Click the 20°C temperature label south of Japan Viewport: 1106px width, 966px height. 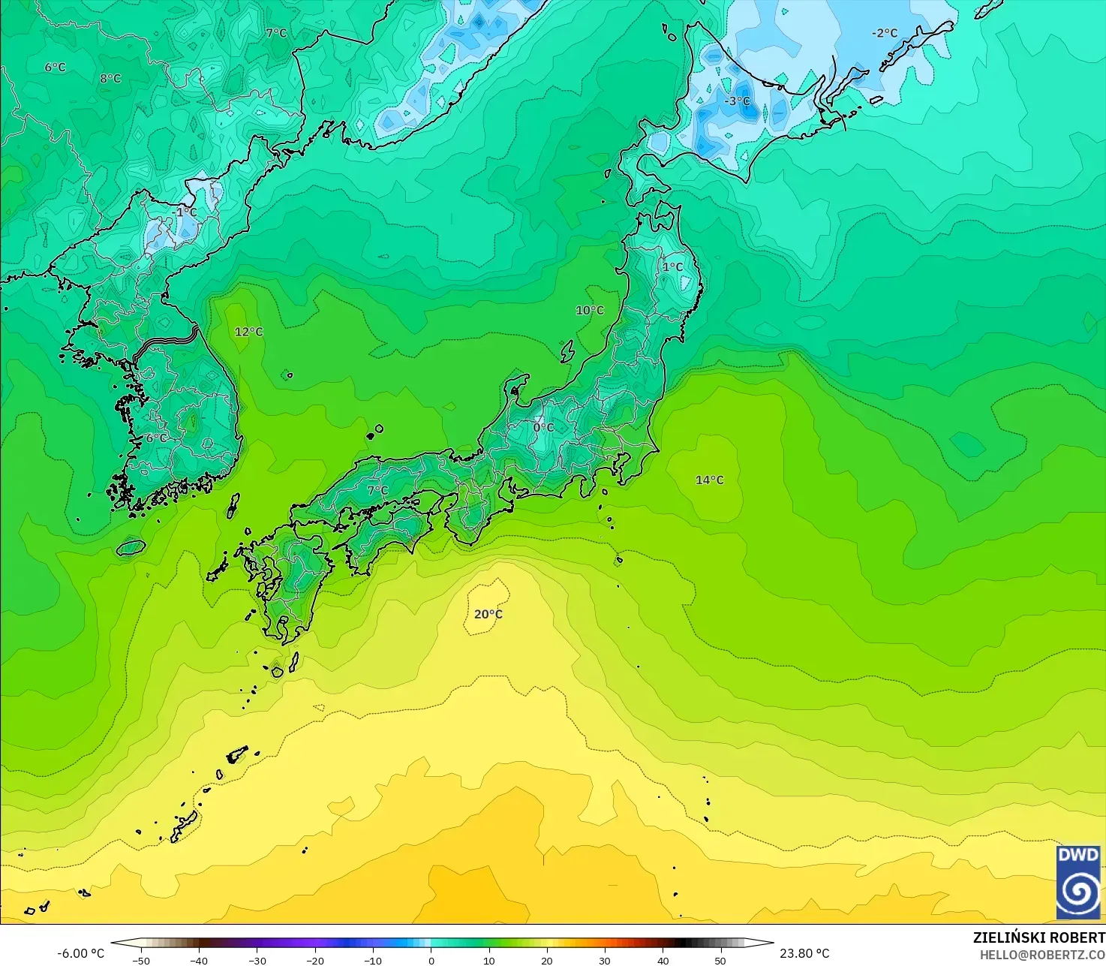tap(488, 614)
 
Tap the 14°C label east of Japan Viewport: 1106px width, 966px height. tap(709, 480)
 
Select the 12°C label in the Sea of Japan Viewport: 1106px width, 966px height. tap(248, 332)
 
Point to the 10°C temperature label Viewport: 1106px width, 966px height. tap(589, 310)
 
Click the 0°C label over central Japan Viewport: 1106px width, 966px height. tap(543, 427)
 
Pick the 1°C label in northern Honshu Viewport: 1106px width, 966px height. tap(672, 266)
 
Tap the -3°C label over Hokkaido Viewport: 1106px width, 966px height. tap(736, 101)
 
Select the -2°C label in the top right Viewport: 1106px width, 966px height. tap(884, 33)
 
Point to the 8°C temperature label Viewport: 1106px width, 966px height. tap(110, 78)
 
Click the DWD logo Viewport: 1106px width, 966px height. tap(1077, 882)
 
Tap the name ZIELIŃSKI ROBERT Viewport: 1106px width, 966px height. tap(1038, 937)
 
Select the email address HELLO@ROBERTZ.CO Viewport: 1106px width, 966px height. tap(1042, 954)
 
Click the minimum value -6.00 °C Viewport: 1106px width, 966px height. tap(80, 953)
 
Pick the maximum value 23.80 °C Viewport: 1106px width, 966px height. tap(804, 953)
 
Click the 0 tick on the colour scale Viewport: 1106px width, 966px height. tap(431, 960)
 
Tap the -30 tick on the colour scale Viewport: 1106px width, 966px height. tap(257, 960)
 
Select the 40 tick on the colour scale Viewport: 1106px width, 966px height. tap(663, 960)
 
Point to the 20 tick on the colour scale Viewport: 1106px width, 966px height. tap(547, 960)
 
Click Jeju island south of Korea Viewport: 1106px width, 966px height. tap(131, 548)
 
